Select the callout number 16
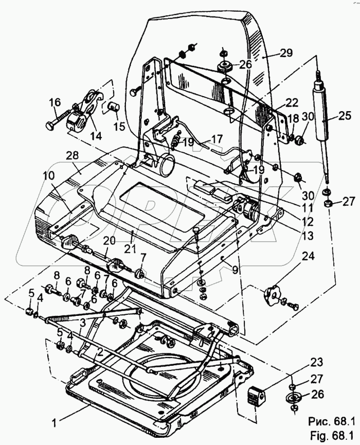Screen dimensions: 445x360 (x=55, y=103)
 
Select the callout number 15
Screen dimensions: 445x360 (x=119, y=126)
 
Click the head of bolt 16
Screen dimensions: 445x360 (x=49, y=126)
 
